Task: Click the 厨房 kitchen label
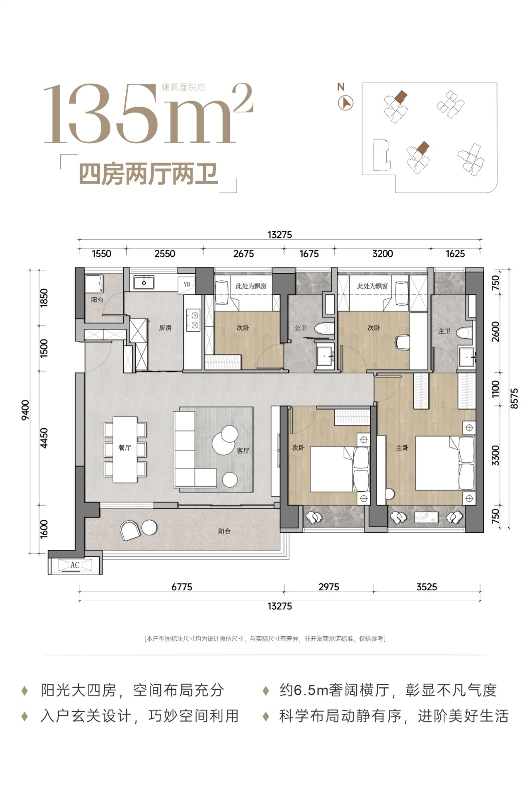pyautogui.click(x=165, y=327)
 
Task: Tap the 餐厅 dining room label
pyautogui.click(x=125, y=448)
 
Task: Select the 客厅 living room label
pyautogui.click(x=243, y=451)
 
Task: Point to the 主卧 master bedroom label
pyautogui.click(x=402, y=448)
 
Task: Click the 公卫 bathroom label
pyautogui.click(x=301, y=327)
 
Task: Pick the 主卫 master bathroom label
pyautogui.click(x=444, y=331)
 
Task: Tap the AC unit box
pyautogui.click(x=75, y=565)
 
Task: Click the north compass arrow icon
pyautogui.click(x=346, y=103)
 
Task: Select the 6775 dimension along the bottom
pyautogui.click(x=182, y=587)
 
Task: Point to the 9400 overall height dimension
pyautogui.click(x=25, y=410)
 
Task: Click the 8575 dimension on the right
pyautogui.click(x=514, y=398)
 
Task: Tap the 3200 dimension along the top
pyautogui.click(x=383, y=253)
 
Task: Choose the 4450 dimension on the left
pyautogui.click(x=44, y=438)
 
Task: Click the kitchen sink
pyautogui.click(x=144, y=282)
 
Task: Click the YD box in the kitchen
pyautogui.click(x=187, y=285)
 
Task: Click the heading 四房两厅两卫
pyautogui.click(x=148, y=174)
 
